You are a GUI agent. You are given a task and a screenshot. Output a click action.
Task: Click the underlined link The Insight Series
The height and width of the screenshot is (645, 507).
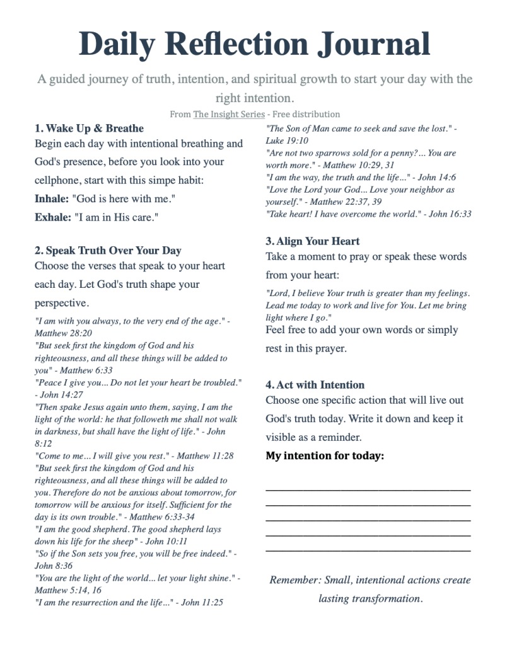tap(229, 114)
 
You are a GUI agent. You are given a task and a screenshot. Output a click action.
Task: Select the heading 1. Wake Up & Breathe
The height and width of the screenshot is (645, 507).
tap(89, 128)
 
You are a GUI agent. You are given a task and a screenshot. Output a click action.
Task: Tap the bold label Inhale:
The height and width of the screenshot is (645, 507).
tap(52, 199)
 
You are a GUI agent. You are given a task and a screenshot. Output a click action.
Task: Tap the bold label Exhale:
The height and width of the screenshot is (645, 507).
tap(52, 217)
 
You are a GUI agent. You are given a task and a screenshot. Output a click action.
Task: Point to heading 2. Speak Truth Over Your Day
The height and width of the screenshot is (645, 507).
tap(108, 250)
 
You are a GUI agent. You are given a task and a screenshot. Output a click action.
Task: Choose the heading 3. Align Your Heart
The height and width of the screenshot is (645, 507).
tap(313, 241)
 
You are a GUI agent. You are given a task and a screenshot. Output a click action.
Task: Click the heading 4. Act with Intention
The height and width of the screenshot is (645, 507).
tap(315, 385)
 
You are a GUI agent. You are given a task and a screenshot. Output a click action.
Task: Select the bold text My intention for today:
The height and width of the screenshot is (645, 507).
tap(325, 455)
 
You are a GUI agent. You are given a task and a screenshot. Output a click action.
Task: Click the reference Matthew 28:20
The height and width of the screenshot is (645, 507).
tap(63, 333)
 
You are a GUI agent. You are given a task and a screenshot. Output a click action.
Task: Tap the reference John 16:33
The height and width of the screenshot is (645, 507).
tap(450, 214)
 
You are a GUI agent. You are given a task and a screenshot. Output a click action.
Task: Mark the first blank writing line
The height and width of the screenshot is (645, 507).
tap(368, 489)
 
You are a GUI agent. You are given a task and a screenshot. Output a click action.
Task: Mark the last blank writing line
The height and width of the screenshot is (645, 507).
tap(368, 551)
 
